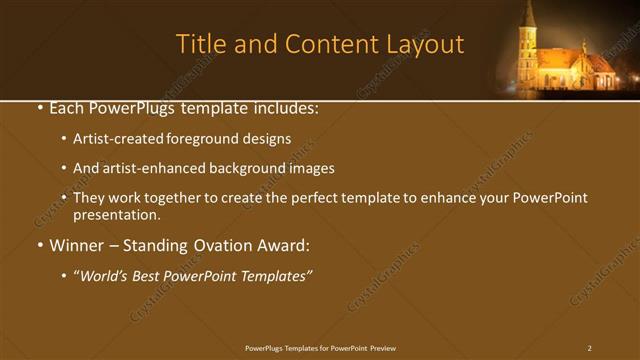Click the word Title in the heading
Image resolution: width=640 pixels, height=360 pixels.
pyautogui.click(x=200, y=44)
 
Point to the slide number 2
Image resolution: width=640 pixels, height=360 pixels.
pyautogui.click(x=590, y=348)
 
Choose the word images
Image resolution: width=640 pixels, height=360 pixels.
pyautogui.click(x=312, y=169)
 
